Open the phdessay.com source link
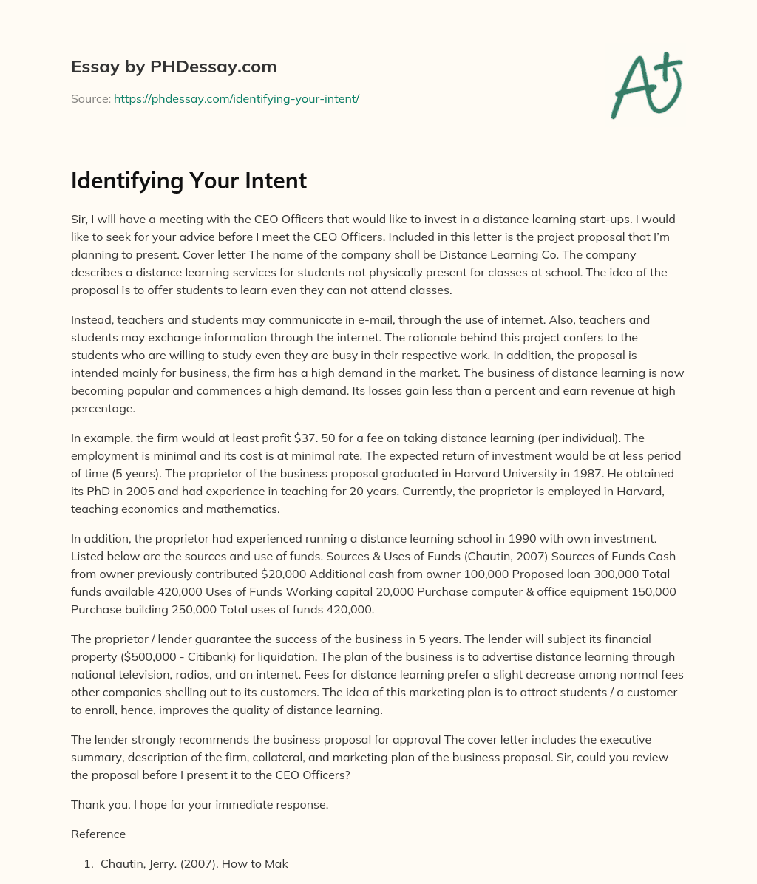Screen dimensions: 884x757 point(236,98)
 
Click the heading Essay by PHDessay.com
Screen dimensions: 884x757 point(174,67)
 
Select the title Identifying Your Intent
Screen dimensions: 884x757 point(189,180)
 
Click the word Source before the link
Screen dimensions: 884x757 point(90,98)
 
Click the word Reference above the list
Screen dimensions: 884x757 point(98,834)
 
